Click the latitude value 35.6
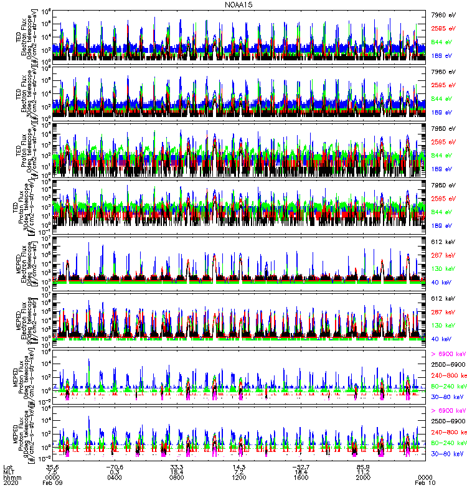tap(52, 467)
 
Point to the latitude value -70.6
tap(114, 467)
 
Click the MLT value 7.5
tap(52, 472)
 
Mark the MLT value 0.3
tap(114, 472)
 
